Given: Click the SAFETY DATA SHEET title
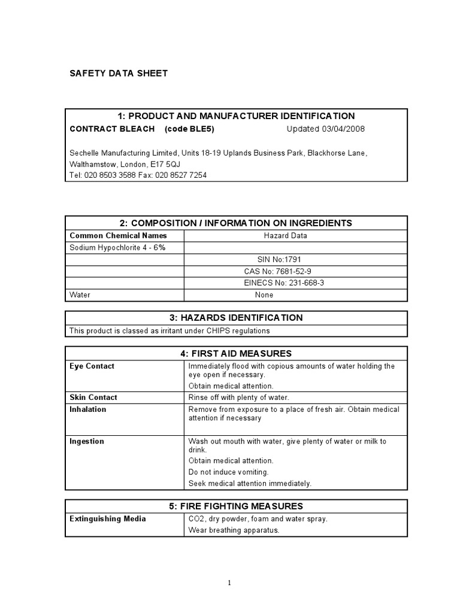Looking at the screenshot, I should [x=119, y=74].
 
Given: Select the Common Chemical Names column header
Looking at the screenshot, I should [x=119, y=236].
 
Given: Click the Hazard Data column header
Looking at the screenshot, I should [x=285, y=236].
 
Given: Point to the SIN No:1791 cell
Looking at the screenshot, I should [x=277, y=259].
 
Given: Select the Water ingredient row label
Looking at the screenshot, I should [x=80, y=295].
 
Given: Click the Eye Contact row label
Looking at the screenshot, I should [x=92, y=366].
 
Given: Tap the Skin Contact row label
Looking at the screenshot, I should [x=93, y=397].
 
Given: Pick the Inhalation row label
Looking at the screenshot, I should [x=88, y=409].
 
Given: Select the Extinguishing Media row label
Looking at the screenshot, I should [x=108, y=519].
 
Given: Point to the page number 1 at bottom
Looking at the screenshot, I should [x=229, y=583].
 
